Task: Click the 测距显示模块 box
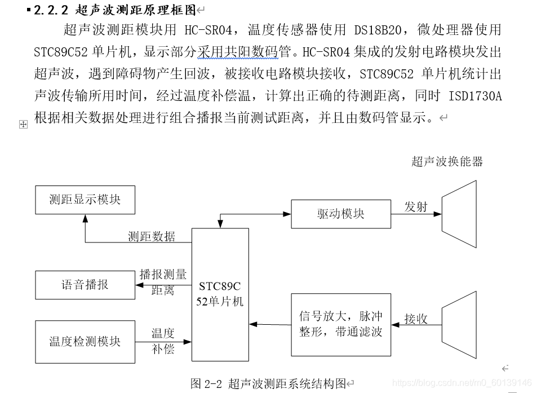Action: (85, 200)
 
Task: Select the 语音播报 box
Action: (85, 285)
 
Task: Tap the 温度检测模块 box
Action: (85, 342)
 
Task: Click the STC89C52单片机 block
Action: (220, 294)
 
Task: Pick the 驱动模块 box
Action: (340, 214)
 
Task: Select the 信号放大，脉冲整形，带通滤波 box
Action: (340, 324)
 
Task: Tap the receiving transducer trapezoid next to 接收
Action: (460, 324)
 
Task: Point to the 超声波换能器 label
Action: (447, 162)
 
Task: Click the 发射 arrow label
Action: (416, 207)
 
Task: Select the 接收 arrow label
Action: (416, 319)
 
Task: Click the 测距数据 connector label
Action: (152, 236)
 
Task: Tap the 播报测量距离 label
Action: (163, 282)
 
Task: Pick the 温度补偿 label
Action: (163, 341)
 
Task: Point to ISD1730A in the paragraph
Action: (474, 96)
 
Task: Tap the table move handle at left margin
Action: (23, 124)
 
